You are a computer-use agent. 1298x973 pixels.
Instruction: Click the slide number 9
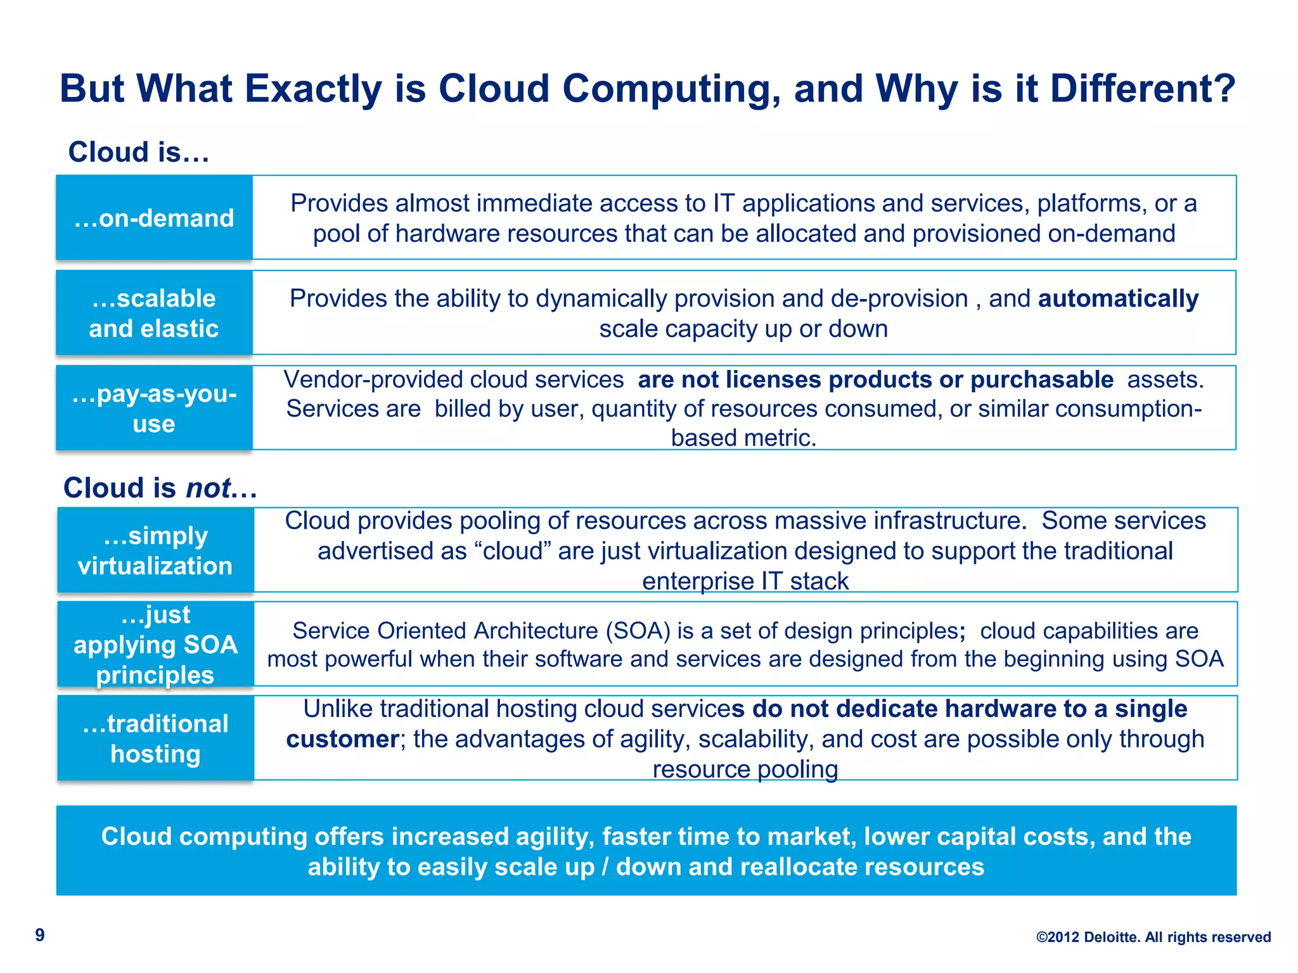[x=40, y=935]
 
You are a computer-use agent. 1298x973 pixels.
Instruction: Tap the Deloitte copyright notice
[x=1153, y=937]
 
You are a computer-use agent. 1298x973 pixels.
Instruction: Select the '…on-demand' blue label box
[x=154, y=218]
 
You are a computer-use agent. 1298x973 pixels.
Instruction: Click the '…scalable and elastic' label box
[x=154, y=313]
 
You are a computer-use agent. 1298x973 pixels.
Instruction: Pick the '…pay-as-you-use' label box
[x=154, y=408]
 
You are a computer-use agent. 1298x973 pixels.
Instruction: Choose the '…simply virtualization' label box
[x=155, y=550]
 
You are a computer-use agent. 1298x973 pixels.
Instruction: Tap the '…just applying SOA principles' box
[x=155, y=644]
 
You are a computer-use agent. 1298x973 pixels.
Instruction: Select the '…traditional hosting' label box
[x=155, y=738]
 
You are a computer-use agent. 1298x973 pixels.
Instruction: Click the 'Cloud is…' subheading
[x=139, y=152]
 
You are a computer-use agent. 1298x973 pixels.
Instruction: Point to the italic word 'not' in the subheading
[x=208, y=488]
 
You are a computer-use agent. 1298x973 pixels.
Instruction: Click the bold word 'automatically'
[x=1118, y=298]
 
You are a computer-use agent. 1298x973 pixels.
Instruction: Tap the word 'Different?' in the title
[x=1142, y=88]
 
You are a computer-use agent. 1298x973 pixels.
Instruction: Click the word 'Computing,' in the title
[x=671, y=88]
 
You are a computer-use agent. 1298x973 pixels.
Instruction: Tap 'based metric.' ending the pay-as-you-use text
[x=743, y=438]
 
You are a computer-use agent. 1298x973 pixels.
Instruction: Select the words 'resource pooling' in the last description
[x=745, y=770]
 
